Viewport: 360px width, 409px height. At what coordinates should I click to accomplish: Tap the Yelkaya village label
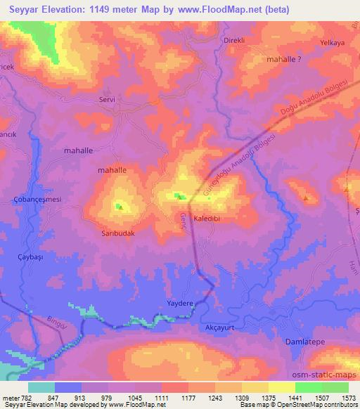[333, 43]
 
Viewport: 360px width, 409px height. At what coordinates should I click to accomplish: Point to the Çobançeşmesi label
[39, 200]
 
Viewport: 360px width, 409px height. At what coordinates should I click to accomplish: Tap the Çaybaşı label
[30, 259]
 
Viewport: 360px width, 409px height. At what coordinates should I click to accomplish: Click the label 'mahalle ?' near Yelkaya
[284, 60]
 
